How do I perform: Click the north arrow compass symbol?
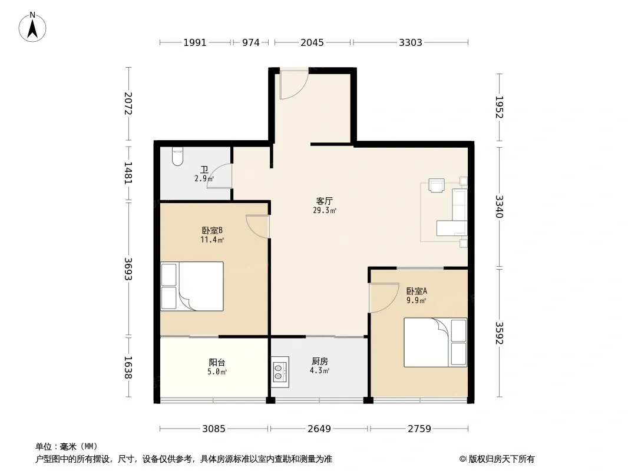32,27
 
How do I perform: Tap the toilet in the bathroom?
177,157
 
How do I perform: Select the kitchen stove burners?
280,372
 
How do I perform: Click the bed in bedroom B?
192,286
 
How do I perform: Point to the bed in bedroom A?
435,342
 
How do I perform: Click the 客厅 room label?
324,201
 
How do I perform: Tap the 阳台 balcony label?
217,363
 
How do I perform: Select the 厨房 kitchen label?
320,361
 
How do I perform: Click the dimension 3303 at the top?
411,42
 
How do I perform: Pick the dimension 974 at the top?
251,42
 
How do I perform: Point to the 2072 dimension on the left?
128,104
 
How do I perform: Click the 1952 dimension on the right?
499,107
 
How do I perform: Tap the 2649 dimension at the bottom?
319,429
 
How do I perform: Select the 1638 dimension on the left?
128,367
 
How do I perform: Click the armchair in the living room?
436,185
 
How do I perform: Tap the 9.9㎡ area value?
416,300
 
